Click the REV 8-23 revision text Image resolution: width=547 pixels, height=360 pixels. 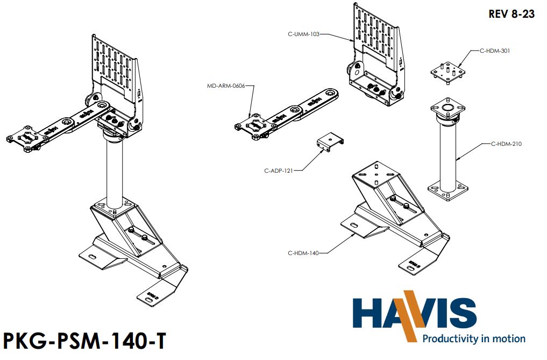tap(511, 15)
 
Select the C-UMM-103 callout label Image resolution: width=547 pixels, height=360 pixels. tap(303, 34)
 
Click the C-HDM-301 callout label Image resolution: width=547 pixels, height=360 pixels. tap(494, 51)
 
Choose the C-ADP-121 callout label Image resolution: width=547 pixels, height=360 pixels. tap(279, 171)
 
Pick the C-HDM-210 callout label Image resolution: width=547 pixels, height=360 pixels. tap(506, 144)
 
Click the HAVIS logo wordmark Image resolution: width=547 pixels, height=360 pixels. tap(415, 313)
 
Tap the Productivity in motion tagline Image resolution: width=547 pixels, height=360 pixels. tap(473, 338)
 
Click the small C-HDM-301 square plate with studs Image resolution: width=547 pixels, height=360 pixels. tap(447, 72)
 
